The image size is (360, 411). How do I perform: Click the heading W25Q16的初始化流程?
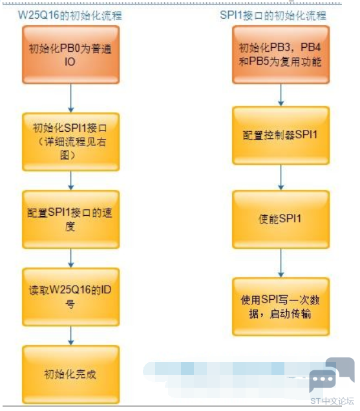[x=70, y=16]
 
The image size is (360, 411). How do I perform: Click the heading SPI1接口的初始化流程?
[x=273, y=16]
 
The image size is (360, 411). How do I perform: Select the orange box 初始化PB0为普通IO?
[x=71, y=55]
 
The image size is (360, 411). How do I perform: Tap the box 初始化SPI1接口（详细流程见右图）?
[x=71, y=142]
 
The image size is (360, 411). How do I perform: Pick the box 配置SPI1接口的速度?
[x=71, y=219]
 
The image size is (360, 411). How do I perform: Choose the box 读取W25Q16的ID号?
[x=71, y=297]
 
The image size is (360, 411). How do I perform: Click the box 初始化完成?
[x=71, y=375]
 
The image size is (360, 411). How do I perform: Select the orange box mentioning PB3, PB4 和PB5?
[x=281, y=55]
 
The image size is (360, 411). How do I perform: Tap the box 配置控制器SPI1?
[x=281, y=136]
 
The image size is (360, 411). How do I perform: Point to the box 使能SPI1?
[x=281, y=219]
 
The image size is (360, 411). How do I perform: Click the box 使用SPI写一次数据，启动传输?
[x=281, y=307]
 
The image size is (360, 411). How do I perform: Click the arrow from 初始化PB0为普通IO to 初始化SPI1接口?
[x=71, y=98]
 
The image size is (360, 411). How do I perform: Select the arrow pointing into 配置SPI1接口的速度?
[x=71, y=180]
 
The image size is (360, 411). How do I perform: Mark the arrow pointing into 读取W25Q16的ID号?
[x=71, y=258]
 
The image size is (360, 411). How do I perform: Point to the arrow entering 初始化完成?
[x=71, y=336]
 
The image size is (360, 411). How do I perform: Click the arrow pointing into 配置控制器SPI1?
[x=281, y=95]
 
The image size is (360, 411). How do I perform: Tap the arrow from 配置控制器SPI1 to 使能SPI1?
[x=281, y=178]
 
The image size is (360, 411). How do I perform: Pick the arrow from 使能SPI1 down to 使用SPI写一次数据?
[x=281, y=263]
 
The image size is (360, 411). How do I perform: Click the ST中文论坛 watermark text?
[x=332, y=401]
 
